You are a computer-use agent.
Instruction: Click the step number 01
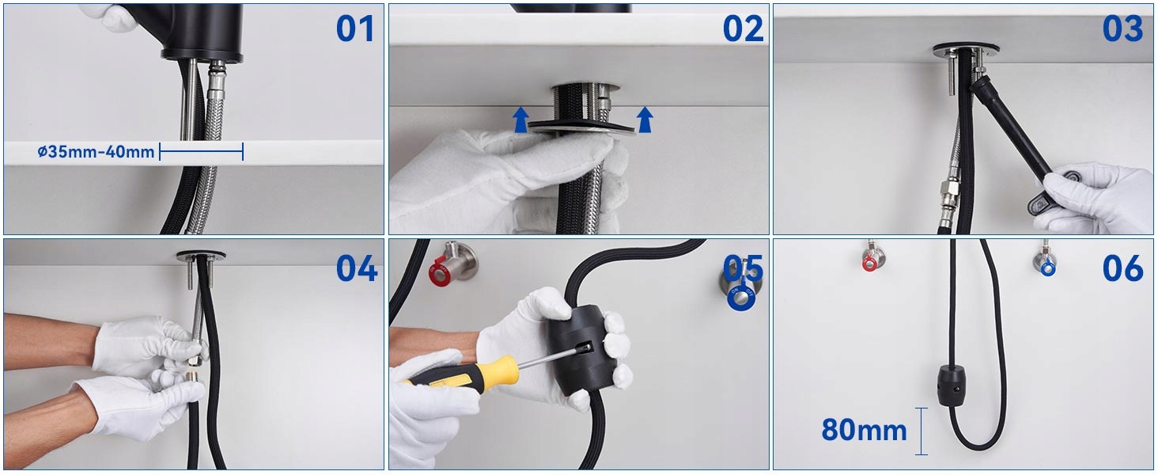point(354,28)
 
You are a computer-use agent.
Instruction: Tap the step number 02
point(743,28)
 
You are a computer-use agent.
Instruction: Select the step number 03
point(1123,28)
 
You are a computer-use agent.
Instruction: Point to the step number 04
point(357,268)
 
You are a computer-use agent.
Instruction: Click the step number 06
point(1123,268)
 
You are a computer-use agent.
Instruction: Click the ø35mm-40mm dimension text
point(96,152)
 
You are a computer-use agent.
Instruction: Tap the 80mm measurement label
point(864,430)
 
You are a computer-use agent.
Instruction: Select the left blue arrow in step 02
point(521,120)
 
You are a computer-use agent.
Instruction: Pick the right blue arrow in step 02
point(644,120)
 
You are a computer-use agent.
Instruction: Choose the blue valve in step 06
point(1046,262)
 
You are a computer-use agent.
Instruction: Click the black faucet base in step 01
point(202,31)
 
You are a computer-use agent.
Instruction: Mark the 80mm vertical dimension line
point(921,431)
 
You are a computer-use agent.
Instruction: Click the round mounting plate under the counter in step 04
point(201,256)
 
